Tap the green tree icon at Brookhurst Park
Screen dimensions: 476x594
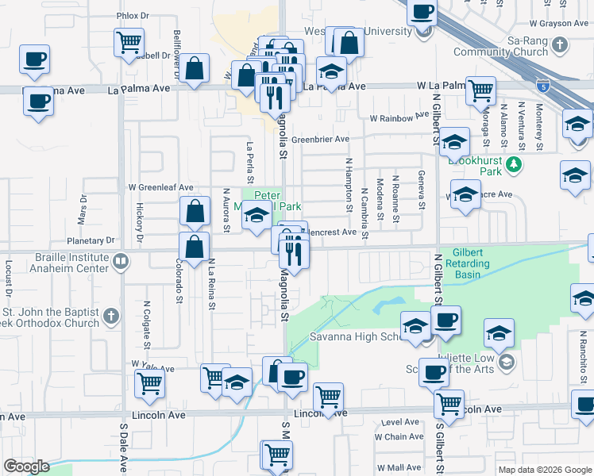pyautogui.click(x=515, y=164)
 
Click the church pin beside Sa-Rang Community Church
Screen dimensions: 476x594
pyautogui.click(x=561, y=45)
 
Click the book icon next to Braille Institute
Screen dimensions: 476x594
pyautogui.click(x=120, y=262)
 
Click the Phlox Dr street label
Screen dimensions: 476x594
pyautogui.click(x=133, y=15)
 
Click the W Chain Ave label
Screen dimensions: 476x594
pyautogui.click(x=399, y=436)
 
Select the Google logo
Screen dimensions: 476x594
pyautogui.click(x=25, y=466)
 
